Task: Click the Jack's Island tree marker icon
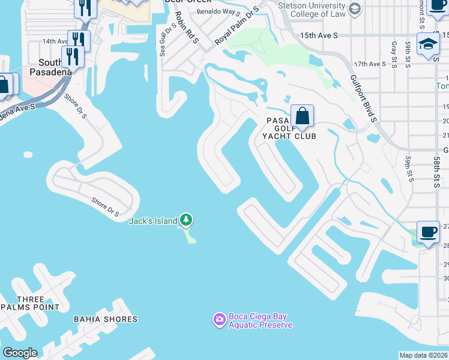(187, 220)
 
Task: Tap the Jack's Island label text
(153, 221)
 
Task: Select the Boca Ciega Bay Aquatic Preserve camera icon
(219, 318)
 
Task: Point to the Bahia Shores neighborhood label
(106, 319)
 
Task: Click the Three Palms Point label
(31, 303)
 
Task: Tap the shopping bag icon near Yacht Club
(303, 115)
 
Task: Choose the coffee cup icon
(428, 232)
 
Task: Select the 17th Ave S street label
(369, 64)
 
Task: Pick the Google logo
(20, 353)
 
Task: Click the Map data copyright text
(424, 355)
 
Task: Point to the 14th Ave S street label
(56, 41)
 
